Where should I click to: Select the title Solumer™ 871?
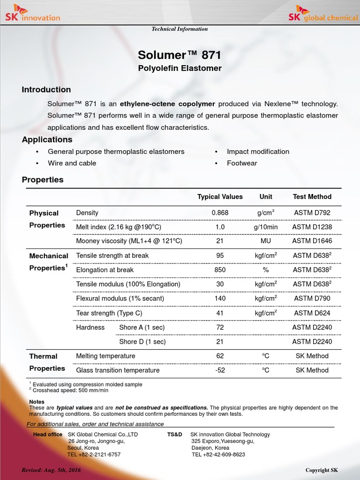[180, 55]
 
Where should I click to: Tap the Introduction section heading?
[46, 90]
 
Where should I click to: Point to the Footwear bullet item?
[242, 163]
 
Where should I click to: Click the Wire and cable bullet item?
[72, 163]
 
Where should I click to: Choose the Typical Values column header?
[220, 197]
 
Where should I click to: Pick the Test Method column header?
[312, 197]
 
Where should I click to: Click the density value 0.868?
[220, 213]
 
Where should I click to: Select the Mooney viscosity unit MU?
[265, 241]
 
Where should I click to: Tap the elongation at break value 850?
[220, 270]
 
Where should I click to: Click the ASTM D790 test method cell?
[312, 299]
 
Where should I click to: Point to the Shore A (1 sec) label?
[142, 327]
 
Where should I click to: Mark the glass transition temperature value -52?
[220, 370]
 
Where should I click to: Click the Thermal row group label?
[43, 356]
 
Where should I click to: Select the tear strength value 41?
[220, 313]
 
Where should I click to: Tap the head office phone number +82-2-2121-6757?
[94, 455]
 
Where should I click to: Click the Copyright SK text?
[322, 470]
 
